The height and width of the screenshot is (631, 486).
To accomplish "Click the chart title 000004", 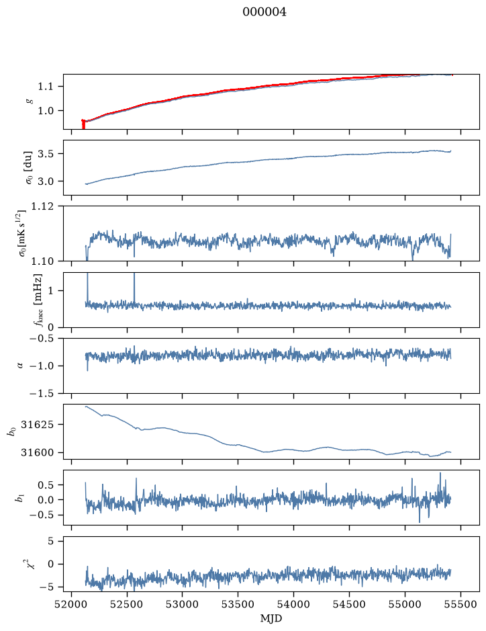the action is (264, 12).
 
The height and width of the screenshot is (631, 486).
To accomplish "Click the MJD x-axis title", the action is (271, 618).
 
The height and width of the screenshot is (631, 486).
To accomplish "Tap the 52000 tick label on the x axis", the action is (72, 604).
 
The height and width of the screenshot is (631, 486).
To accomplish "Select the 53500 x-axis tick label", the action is (238, 604).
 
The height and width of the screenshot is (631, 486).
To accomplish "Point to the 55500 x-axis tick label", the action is (460, 604).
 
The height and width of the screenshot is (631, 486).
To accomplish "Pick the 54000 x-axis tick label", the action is (293, 604).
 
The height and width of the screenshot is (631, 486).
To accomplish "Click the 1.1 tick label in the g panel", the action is (46, 87).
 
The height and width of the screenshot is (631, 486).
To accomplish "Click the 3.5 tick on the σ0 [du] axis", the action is (46, 154).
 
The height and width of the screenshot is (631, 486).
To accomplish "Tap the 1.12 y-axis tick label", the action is (42, 206).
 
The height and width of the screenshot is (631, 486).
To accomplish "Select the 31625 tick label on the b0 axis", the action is (37, 425).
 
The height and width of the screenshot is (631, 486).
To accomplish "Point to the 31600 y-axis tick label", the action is (37, 453).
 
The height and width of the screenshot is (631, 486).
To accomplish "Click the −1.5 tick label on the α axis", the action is (42, 393).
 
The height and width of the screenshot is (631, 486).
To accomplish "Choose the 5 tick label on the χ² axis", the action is (50, 541).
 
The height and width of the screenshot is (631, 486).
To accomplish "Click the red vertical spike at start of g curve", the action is (83, 124).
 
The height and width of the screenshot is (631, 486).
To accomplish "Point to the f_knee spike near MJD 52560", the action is (134, 288).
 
